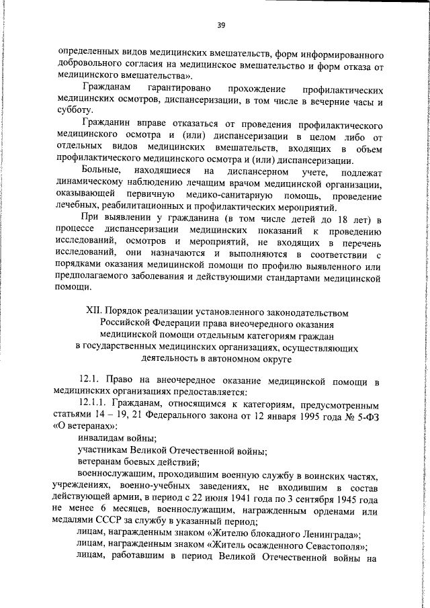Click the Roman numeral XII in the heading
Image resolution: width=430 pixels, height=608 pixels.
coord(95,312)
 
